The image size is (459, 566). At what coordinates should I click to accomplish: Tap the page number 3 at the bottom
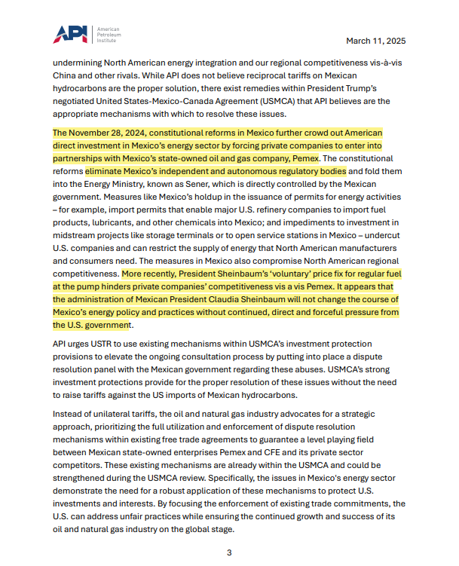pos(229,552)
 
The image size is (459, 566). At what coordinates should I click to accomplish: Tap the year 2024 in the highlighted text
pos(142,133)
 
